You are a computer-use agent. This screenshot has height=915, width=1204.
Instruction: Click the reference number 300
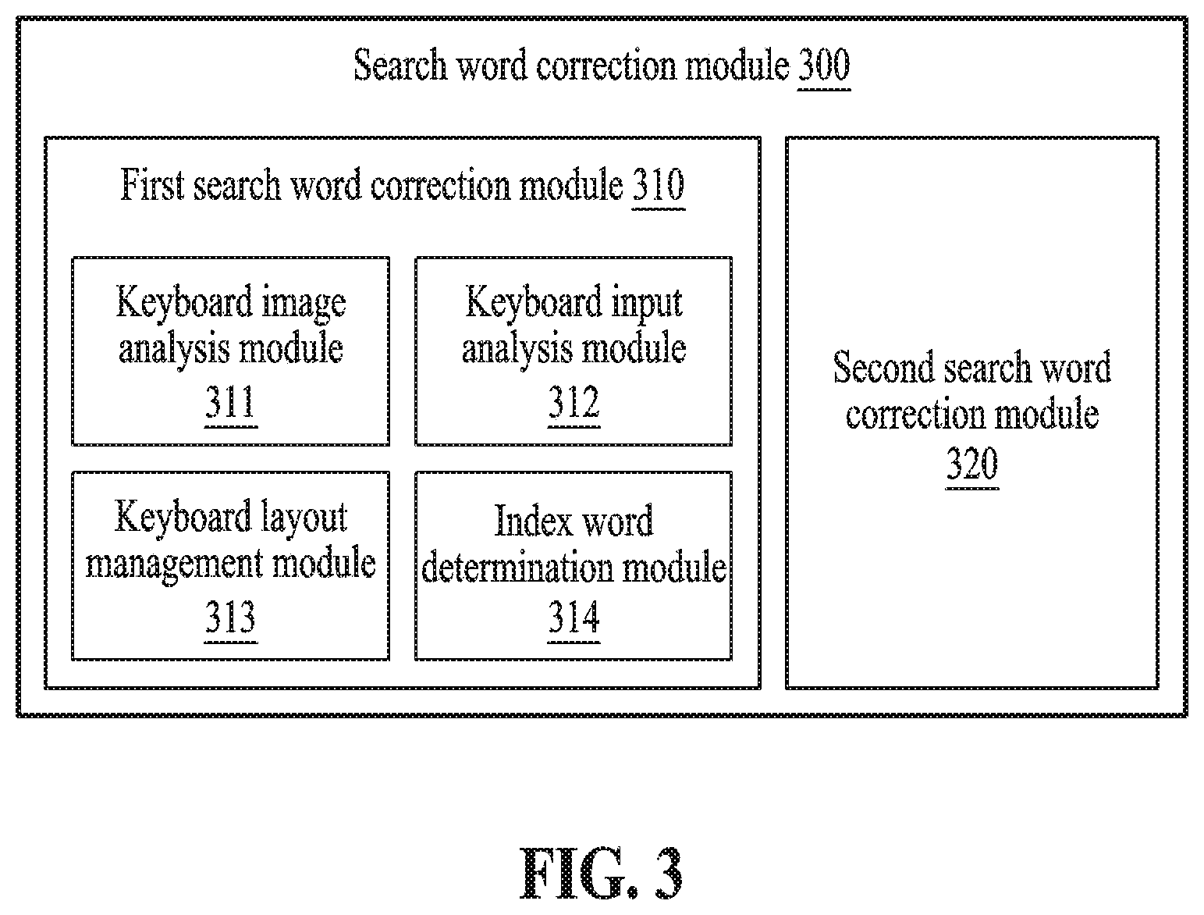pyautogui.click(x=824, y=66)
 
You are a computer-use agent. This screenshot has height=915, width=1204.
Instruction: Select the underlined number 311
pyautogui.click(x=230, y=402)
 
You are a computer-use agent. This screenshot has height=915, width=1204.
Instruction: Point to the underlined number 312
pyautogui.click(x=574, y=402)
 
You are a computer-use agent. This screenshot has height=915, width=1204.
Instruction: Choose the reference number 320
pyautogui.click(x=972, y=464)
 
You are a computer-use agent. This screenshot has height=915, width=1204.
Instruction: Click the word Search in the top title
pyautogui.click(x=400, y=66)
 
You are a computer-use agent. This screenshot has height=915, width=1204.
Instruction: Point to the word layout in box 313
pyautogui.click(x=304, y=518)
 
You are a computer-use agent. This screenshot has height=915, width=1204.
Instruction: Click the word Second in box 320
pyautogui.click(x=883, y=367)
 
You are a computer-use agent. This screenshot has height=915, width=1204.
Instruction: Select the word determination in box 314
pyautogui.click(x=517, y=567)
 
